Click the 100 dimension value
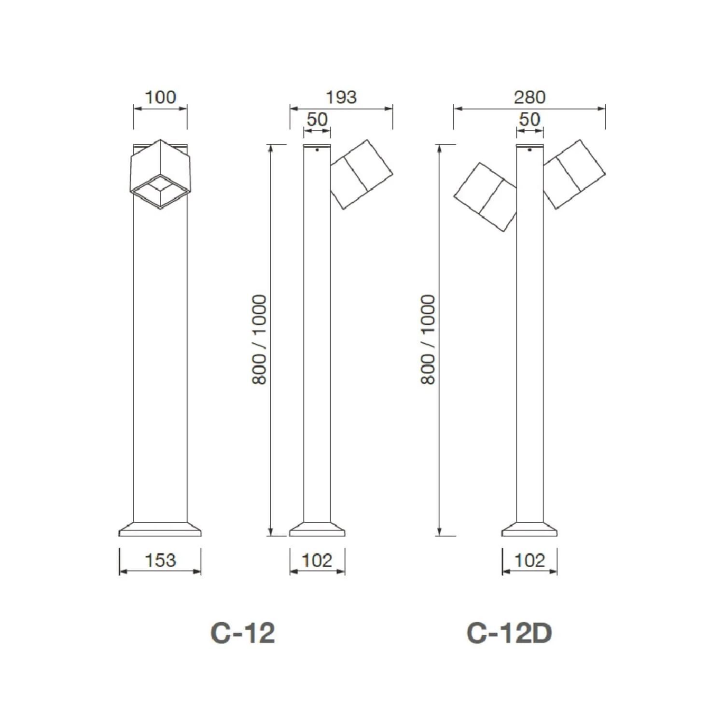click(160, 97)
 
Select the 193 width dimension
click(341, 97)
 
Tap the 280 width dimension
click(529, 97)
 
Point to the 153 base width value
click(160, 560)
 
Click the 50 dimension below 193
click(317, 119)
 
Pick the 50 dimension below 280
click(529, 119)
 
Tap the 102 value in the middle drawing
click(317, 560)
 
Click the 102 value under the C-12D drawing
click(529, 560)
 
